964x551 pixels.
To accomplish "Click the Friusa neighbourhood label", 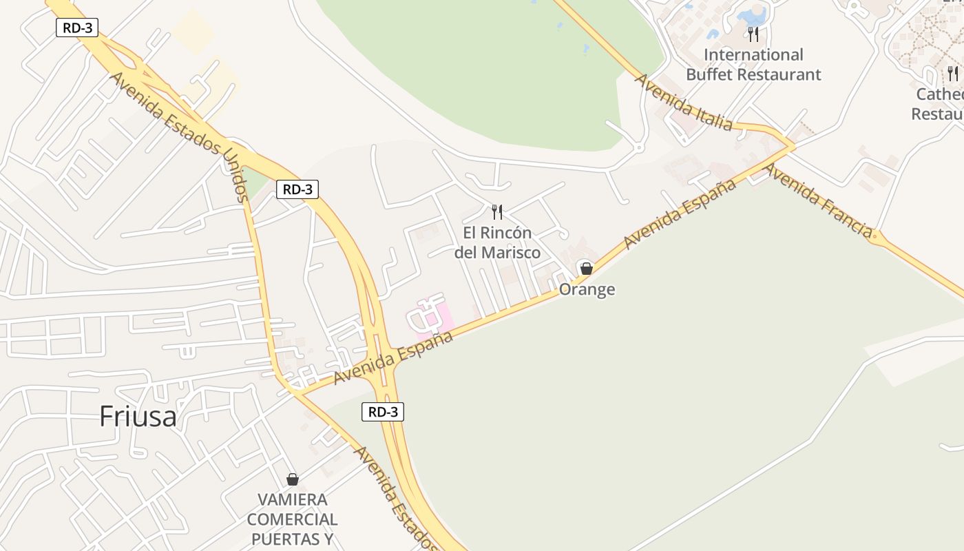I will click(x=138, y=416).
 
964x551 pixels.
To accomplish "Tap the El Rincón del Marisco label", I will click(x=497, y=242).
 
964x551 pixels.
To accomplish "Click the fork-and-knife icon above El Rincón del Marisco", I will click(x=497, y=211).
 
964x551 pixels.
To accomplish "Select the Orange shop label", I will click(x=587, y=289).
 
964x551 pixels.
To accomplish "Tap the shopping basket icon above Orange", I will click(x=586, y=268).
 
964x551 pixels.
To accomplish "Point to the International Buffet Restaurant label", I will click(x=753, y=65).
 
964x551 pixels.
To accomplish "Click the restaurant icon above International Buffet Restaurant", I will click(x=753, y=34).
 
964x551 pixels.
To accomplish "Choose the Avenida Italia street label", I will click(x=683, y=102).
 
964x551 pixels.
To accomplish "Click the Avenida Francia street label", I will click(x=818, y=200).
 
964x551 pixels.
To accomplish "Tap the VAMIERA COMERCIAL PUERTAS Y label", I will click(x=293, y=519).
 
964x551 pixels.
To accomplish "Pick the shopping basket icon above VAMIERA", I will click(x=293, y=479).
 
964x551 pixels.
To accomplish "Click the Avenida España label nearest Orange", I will click(x=680, y=214).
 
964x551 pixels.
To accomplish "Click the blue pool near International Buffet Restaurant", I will click(x=752, y=15).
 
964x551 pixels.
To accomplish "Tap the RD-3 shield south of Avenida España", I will click(x=383, y=412).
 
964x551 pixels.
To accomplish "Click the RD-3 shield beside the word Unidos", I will click(x=297, y=189).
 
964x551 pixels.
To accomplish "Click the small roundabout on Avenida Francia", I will click(x=876, y=238).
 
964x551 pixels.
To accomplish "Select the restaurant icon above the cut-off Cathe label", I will click(x=953, y=73).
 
